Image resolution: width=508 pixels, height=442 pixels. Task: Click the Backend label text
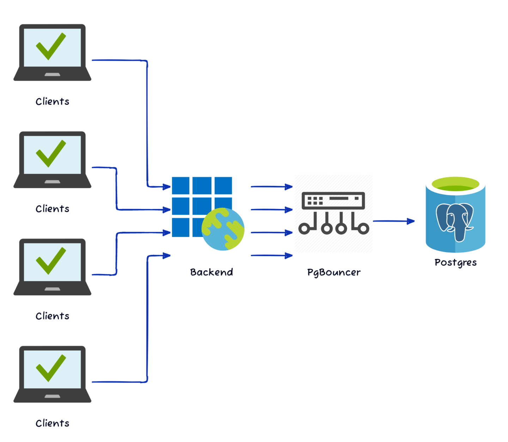coord(211,272)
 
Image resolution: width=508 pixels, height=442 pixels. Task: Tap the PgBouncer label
coord(334,272)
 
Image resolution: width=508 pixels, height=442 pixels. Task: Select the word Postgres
coord(455,262)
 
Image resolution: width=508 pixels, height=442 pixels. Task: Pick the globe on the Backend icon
coord(223,229)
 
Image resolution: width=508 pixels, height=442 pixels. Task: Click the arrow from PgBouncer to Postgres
coord(393,221)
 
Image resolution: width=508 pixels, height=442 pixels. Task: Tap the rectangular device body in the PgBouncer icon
coord(333,200)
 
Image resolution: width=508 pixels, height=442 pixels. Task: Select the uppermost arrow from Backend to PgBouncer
coord(271,187)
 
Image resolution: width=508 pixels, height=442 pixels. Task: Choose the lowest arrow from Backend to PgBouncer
coord(271,255)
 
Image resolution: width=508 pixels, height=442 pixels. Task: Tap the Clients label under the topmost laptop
coord(52,102)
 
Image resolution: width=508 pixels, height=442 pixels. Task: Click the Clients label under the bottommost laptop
coord(52,423)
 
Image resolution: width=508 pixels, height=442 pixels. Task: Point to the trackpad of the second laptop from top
coord(52,182)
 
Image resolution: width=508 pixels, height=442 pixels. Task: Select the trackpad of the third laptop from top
coord(52,289)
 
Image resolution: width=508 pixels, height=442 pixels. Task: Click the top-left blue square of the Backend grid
coord(181,186)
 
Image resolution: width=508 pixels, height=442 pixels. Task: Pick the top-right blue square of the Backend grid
coord(223,186)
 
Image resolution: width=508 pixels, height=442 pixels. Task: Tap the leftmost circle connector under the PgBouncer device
coord(304,229)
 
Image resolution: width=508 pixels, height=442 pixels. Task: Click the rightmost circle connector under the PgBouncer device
coord(363,229)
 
